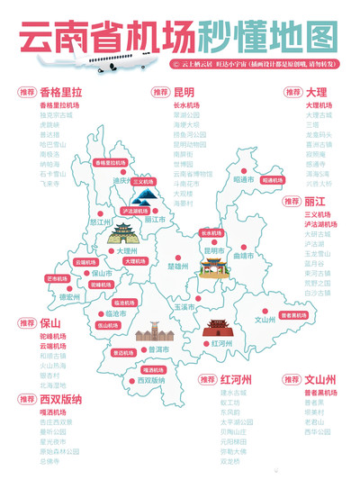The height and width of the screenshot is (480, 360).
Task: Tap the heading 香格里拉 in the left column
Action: pos(61,92)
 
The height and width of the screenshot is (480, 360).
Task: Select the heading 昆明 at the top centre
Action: pos(184,91)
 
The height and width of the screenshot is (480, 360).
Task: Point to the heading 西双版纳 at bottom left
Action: pos(59,397)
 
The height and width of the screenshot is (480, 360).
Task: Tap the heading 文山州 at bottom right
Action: pos(319,378)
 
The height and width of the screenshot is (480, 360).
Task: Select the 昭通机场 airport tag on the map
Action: pos(271,180)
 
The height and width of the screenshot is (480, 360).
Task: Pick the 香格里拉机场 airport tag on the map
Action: pos(110,163)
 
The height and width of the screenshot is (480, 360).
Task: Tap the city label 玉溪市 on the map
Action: pos(184,307)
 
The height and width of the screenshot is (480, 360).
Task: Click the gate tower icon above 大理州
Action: pos(120,234)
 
